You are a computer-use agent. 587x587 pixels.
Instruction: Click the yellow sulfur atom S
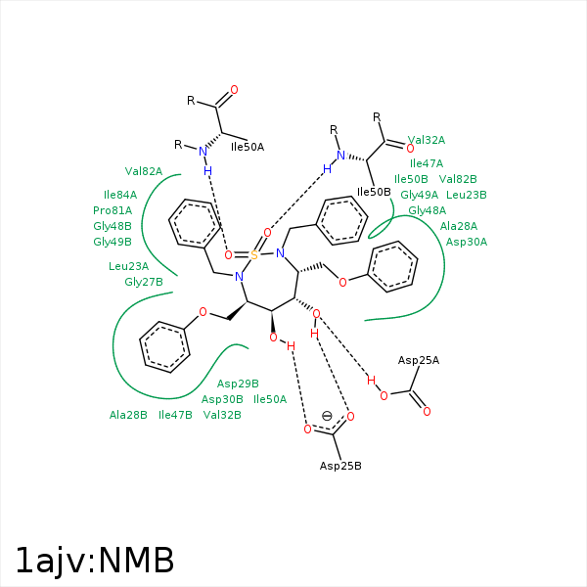coord(253,255)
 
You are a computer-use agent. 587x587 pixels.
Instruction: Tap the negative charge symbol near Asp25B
coord(327,416)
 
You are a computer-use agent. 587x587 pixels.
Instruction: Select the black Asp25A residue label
coord(419,361)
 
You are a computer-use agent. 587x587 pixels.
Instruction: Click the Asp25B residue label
coord(340,466)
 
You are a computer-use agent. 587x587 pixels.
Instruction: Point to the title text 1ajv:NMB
coord(95,561)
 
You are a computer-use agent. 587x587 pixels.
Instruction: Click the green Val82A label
coord(144,171)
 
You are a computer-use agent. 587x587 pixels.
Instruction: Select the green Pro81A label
coord(113,210)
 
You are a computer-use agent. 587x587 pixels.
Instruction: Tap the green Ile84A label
coord(120,195)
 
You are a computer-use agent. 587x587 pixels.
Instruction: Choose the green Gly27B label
coord(144,282)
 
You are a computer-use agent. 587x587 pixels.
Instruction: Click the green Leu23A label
coord(129,266)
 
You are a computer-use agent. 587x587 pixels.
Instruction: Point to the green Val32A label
coord(427,140)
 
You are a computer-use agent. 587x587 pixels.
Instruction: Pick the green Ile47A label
coord(427,163)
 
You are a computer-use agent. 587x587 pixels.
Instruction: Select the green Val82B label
coord(458,179)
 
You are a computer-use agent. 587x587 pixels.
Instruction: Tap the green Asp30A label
coord(467,242)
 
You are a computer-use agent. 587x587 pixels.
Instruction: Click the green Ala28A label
coord(459,226)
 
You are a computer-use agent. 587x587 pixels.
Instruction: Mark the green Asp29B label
coord(238,384)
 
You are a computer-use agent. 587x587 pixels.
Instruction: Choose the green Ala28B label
coord(128,415)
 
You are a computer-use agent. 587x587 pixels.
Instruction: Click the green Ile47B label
coord(175,415)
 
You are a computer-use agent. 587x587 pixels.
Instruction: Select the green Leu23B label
coord(467,195)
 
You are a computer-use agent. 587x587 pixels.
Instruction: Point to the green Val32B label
coord(222,415)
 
